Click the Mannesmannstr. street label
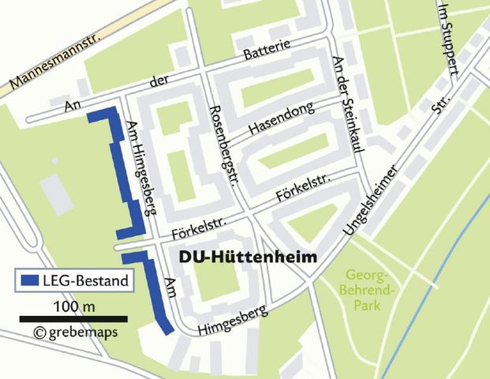coord(48,64)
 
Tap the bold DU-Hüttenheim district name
coord(248,257)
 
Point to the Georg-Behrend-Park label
coord(370,290)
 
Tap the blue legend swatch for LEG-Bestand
coord(30,280)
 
